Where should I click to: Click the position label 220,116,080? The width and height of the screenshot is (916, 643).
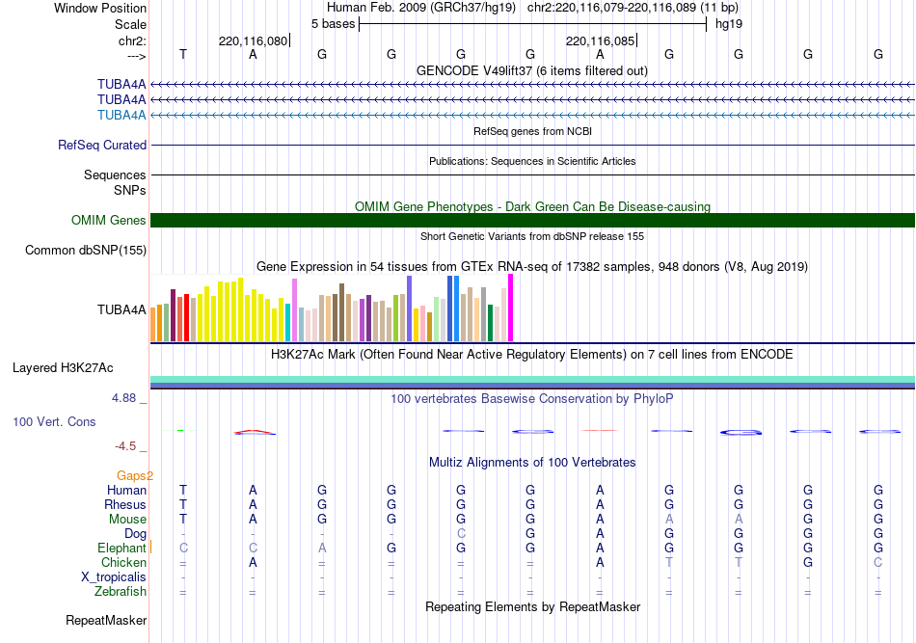pyautogui.click(x=253, y=40)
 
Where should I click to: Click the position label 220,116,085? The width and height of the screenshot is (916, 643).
pyautogui.click(x=600, y=40)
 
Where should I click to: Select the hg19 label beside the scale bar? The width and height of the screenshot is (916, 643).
pyautogui.click(x=728, y=23)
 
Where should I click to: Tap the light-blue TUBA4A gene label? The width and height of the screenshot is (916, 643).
pyautogui.click(x=121, y=116)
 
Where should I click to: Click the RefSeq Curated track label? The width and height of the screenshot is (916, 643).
pyautogui.click(x=102, y=146)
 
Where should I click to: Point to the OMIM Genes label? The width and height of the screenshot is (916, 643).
pyautogui.click(x=109, y=221)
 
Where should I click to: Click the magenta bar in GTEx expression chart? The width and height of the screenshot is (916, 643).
pyautogui.click(x=510, y=308)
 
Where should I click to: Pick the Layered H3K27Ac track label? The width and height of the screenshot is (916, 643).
pyautogui.click(x=63, y=368)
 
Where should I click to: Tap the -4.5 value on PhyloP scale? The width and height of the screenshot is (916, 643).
pyautogui.click(x=127, y=446)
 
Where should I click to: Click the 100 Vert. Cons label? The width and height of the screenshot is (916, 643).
pyautogui.click(x=54, y=422)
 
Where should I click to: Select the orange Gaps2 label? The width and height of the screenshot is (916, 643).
pyautogui.click(x=135, y=475)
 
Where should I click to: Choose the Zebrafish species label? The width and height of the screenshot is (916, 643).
pyautogui.click(x=120, y=592)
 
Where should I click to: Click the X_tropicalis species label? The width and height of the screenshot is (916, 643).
pyautogui.click(x=114, y=577)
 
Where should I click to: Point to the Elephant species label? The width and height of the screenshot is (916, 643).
pyautogui.click(x=121, y=549)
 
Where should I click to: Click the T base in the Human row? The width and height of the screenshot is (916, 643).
pyautogui.click(x=183, y=491)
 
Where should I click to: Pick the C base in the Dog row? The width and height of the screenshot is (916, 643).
pyautogui.click(x=461, y=534)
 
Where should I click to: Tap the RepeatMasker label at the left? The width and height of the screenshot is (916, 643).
pyautogui.click(x=105, y=621)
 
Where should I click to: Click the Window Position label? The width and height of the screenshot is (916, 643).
pyautogui.click(x=100, y=8)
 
